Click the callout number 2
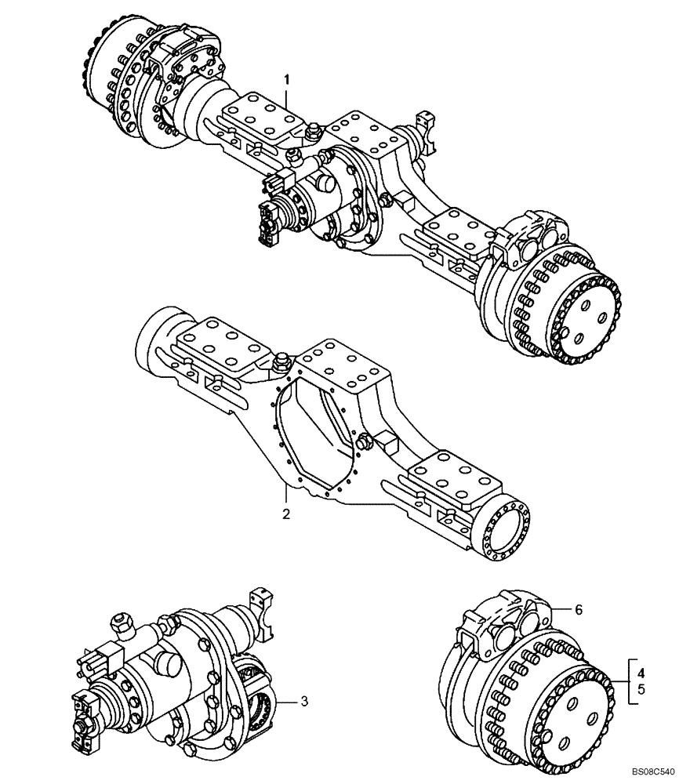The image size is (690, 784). (x=287, y=514)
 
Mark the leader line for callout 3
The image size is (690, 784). (x=285, y=701)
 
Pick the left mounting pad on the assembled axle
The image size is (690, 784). (x=260, y=114)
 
